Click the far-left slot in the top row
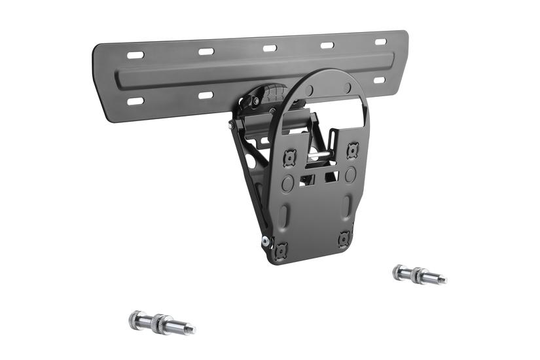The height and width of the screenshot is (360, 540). (x=135, y=55)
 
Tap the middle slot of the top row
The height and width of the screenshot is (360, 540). (x=270, y=48)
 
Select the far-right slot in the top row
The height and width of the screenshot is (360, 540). (x=380, y=42)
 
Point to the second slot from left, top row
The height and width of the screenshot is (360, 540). (x=206, y=51)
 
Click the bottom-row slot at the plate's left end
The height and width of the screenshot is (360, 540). (x=135, y=101)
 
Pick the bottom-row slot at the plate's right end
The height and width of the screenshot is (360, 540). (x=379, y=81)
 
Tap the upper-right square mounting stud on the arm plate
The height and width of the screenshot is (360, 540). (x=352, y=149)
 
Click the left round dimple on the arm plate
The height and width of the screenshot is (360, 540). (x=287, y=183)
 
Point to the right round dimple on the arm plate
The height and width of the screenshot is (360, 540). (x=350, y=175)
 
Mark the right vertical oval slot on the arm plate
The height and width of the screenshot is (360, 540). (x=347, y=207)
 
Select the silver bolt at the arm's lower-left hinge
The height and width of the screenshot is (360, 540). (x=265, y=241)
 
